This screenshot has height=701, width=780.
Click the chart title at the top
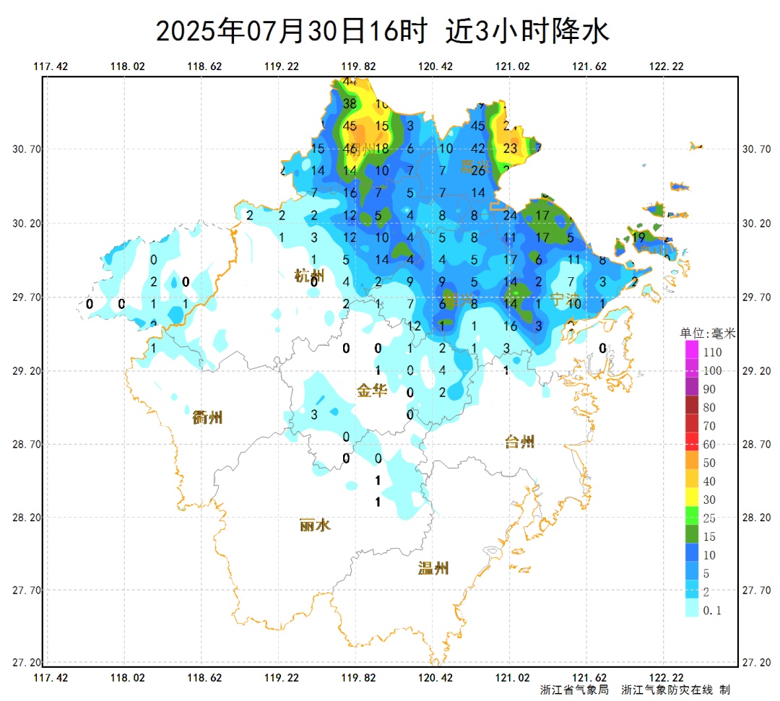coord(383,31)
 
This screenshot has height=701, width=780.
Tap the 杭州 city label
coord(309,275)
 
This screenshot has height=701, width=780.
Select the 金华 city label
coord(372,391)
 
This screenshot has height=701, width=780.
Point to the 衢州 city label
coord(207,417)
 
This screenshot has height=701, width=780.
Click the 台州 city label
coord(519,442)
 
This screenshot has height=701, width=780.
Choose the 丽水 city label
coord(315,525)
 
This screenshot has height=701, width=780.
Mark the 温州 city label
coord(433,568)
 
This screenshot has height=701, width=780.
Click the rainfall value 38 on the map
coord(350,104)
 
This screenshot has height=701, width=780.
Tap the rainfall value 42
coord(477,149)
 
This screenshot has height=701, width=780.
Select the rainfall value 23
coord(511,149)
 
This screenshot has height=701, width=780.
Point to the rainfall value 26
coord(477,171)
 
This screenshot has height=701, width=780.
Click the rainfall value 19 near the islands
coord(638,237)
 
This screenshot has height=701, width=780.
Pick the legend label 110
coord(712,353)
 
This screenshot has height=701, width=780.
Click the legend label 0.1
coord(712,611)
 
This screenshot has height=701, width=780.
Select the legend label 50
coord(709,463)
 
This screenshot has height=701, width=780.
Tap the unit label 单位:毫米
coord(707,334)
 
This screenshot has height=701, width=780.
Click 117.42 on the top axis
coord(51,66)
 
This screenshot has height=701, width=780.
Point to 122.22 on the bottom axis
coord(666,677)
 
